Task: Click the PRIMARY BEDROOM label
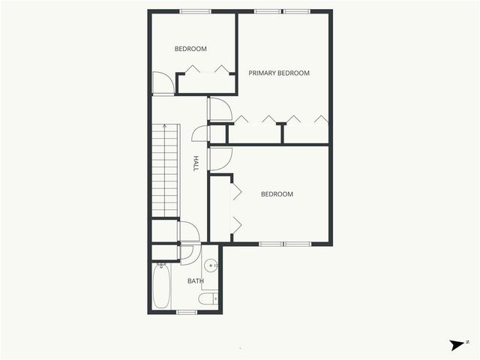click(x=279, y=73)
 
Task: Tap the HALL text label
click(x=196, y=164)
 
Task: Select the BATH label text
click(x=196, y=281)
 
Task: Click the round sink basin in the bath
click(x=211, y=265)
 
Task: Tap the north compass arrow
click(x=457, y=345)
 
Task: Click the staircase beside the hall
click(x=165, y=170)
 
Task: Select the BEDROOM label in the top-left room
click(x=190, y=49)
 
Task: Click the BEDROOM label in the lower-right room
click(x=277, y=194)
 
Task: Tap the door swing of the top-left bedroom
click(x=163, y=82)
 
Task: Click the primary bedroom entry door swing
click(x=219, y=109)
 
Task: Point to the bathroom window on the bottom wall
click(x=186, y=312)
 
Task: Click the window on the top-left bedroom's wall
click(x=196, y=11)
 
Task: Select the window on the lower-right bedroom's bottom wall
click(x=285, y=244)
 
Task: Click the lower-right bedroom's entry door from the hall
click(x=220, y=158)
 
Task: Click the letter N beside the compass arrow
click(x=468, y=342)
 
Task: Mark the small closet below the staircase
click(x=165, y=230)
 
